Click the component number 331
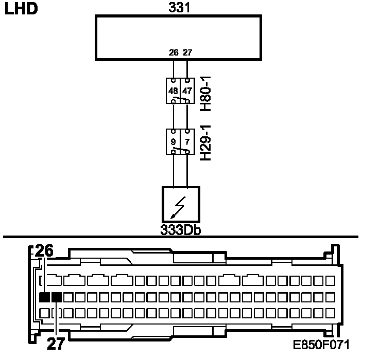click(x=178, y=8)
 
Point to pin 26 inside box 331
click(x=173, y=52)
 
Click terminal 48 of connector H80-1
click(x=173, y=91)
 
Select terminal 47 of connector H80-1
click(x=187, y=91)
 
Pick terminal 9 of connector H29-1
click(x=174, y=141)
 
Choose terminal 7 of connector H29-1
click(x=187, y=141)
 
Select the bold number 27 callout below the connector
click(x=56, y=343)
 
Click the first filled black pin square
click(x=44, y=297)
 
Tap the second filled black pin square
click(x=56, y=297)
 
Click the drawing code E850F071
click(x=321, y=343)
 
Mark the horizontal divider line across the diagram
click(x=180, y=237)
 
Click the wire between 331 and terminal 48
click(x=173, y=68)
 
